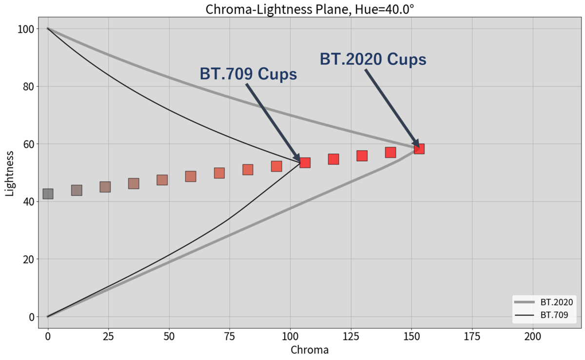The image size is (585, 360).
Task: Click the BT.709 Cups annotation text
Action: [x=248, y=74]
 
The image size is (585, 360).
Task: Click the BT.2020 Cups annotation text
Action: [x=373, y=59]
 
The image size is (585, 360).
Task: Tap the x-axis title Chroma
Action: [x=310, y=350]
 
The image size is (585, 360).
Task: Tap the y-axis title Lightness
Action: [x=10, y=173]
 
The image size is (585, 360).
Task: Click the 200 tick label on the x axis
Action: [x=532, y=336]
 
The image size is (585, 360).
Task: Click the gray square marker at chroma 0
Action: [x=48, y=194]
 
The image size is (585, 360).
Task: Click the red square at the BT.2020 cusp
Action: [x=419, y=149]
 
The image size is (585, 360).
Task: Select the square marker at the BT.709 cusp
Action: [x=305, y=162]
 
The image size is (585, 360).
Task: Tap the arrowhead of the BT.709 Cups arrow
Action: [x=298, y=157]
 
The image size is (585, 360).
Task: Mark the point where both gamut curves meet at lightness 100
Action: [x=48, y=29]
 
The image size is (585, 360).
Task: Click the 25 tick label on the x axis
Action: [x=108, y=336]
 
